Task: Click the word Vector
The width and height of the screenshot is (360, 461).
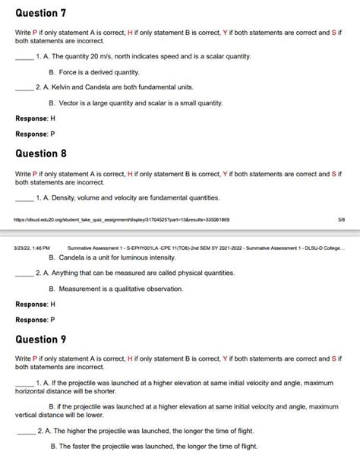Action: (x=68, y=102)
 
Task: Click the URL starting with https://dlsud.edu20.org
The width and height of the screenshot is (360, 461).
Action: (x=122, y=219)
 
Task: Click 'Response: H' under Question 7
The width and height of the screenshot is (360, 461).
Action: (x=35, y=118)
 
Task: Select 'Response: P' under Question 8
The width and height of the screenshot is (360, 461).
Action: (x=35, y=319)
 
